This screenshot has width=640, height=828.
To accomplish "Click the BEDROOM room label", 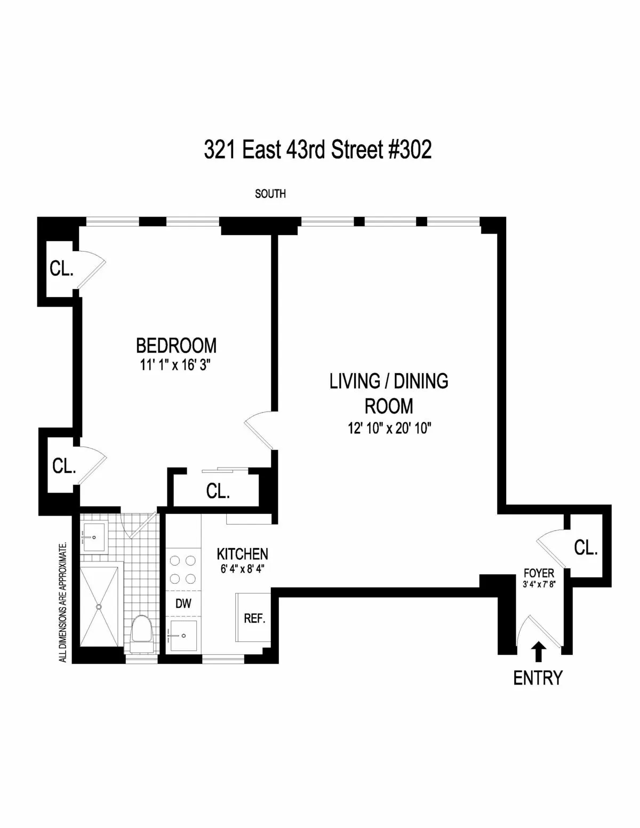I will [176, 345].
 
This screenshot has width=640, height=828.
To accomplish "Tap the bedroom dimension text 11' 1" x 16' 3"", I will [176, 365].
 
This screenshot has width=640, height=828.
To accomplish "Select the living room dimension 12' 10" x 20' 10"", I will [388, 428].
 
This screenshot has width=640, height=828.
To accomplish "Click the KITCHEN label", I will [242, 553].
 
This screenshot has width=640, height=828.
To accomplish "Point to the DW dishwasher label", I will [183, 604].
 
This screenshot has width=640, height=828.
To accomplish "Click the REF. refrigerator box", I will [254, 618].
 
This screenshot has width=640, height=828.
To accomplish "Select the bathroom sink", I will [94, 537].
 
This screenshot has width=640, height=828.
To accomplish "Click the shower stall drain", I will [99, 606].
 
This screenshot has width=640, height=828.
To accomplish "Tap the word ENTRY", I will [538, 678].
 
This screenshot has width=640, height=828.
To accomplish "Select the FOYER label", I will [539, 574].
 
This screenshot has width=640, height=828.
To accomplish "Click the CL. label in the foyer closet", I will [586, 548].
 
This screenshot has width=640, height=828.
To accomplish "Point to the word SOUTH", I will [270, 194].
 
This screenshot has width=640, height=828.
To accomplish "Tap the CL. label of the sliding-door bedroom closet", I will [218, 491].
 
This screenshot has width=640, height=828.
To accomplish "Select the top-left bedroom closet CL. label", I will [61, 269].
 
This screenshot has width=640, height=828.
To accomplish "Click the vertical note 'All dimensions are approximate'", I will [63, 602].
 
